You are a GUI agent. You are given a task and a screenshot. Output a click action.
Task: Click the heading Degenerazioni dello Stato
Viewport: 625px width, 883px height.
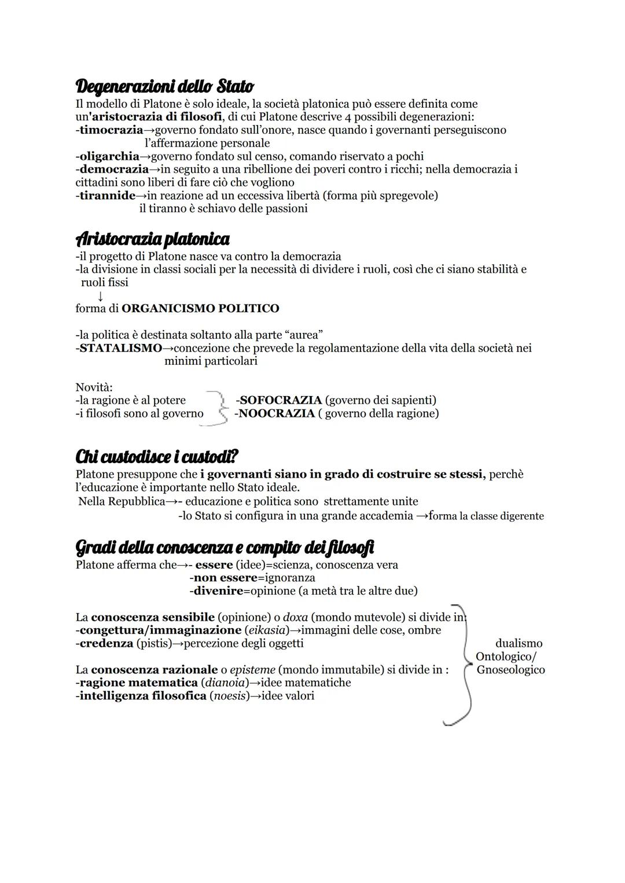pyautogui.click(x=164, y=87)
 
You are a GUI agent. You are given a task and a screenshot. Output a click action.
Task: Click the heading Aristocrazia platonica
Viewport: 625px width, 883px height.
pyautogui.click(x=152, y=239)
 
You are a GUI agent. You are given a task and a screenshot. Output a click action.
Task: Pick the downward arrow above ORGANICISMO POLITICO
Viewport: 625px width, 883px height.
pyautogui.click(x=101, y=296)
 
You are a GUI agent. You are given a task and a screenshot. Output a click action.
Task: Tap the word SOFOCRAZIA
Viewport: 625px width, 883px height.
pyautogui.click(x=280, y=400)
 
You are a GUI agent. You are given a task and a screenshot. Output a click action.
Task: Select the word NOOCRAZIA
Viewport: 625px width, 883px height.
pyautogui.click(x=277, y=413)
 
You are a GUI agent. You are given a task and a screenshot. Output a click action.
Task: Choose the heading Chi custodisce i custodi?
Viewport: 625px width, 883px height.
pyautogui.click(x=157, y=457)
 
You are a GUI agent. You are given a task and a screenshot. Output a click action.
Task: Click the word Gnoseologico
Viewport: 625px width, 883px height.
pyautogui.click(x=510, y=670)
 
